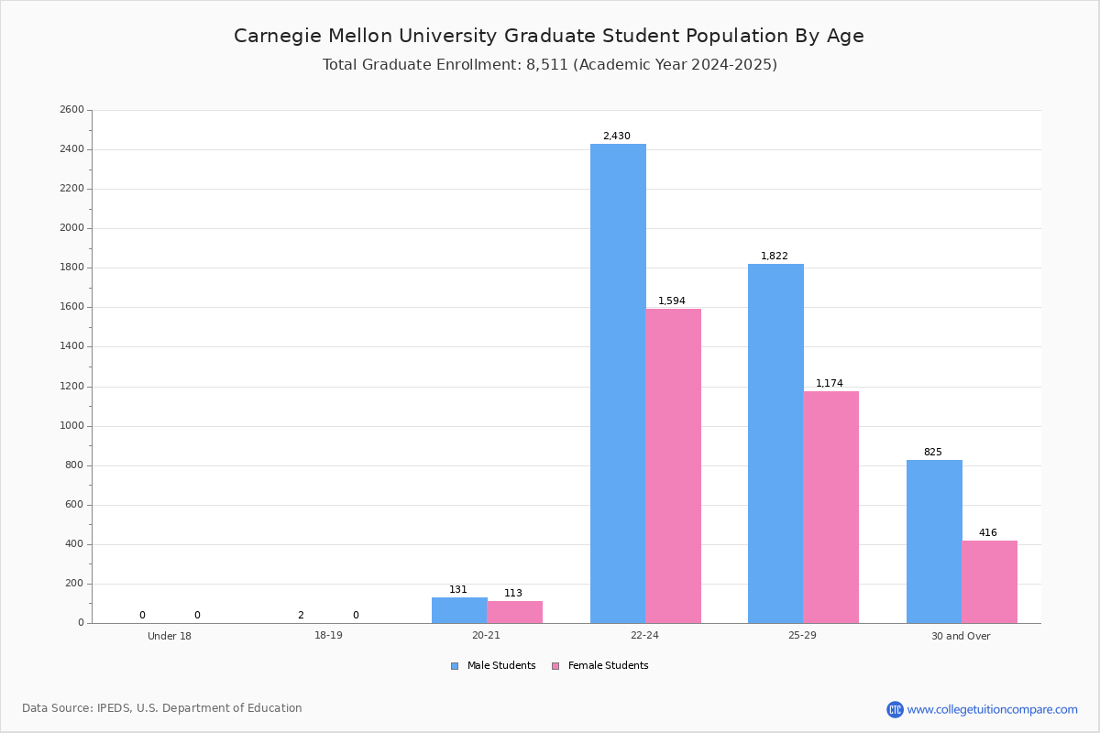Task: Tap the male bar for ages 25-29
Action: click(775, 443)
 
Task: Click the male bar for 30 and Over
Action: click(934, 542)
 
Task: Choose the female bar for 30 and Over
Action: click(989, 582)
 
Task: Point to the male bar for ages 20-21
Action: click(459, 610)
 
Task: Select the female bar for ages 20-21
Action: click(514, 612)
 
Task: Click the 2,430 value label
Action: click(616, 137)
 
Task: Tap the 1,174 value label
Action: click(830, 384)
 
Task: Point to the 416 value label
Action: click(987, 533)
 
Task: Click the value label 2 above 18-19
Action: click(301, 616)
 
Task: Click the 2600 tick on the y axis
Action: click(71, 110)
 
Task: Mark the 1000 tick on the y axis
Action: click(71, 426)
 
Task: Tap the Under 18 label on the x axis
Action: click(170, 636)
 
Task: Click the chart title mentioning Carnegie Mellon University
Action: click(548, 36)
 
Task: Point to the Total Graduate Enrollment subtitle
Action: click(549, 65)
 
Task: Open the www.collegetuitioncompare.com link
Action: click(992, 709)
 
